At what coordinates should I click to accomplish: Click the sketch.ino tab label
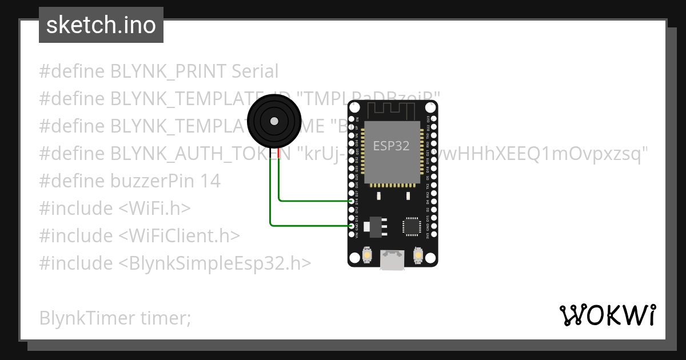101,25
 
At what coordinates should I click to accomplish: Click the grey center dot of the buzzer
274,121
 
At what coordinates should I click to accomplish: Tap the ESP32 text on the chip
392,145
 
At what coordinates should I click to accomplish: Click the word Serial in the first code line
255,71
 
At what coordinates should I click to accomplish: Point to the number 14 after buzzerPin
210,181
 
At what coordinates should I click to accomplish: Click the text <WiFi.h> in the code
154,209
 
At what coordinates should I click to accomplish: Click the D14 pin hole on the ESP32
352,201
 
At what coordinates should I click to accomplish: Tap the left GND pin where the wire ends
352,226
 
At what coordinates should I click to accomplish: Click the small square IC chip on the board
412,226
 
